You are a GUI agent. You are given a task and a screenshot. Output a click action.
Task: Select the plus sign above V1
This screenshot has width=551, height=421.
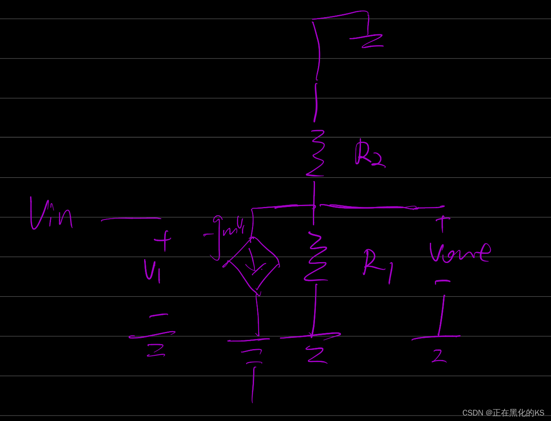pyautogui.click(x=163, y=240)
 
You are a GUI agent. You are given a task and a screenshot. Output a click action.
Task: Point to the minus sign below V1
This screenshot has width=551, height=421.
pyautogui.click(x=159, y=315)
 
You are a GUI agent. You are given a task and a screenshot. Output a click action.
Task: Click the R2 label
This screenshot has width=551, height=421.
pyautogui.click(x=369, y=154)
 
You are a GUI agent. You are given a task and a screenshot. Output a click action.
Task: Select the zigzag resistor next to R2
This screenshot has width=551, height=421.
pyautogui.click(x=316, y=153)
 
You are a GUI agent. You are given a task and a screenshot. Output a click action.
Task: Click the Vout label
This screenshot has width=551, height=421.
pyautogui.click(x=459, y=253)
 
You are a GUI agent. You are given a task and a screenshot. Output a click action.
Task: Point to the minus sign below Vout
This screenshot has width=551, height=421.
pyautogui.click(x=442, y=282)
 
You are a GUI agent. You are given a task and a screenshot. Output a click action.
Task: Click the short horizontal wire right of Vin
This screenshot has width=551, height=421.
pyautogui.click(x=131, y=219)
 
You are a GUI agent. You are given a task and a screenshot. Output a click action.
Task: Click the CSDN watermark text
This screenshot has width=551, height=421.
pyautogui.click(x=503, y=413)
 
